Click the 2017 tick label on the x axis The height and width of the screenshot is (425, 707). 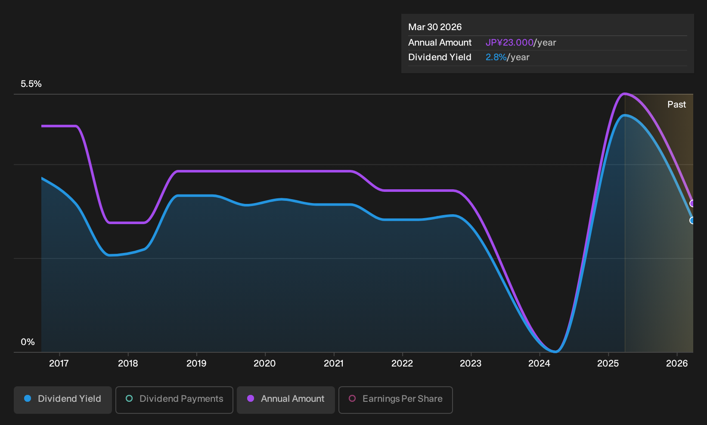pos(59,363)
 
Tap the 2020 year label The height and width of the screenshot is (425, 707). pos(265,363)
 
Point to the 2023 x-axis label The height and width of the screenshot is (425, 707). pos(471,363)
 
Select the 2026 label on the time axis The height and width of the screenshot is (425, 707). pos(677,363)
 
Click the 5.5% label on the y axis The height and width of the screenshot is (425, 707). pos(31,84)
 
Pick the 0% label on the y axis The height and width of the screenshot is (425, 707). pos(28,342)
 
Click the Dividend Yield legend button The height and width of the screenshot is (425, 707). pos(63,400)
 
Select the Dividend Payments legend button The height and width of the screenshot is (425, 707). pos(174,400)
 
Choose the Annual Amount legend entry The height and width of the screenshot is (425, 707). pos(285,400)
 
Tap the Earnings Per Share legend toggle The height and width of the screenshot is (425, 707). pos(395,400)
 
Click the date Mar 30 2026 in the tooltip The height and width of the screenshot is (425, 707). pos(435,27)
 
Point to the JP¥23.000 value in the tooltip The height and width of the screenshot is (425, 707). pos(509,43)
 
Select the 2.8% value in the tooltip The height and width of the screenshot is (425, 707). pos(496,57)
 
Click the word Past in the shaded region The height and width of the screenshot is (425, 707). pos(676,105)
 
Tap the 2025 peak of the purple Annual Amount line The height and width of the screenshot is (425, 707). pos(624,94)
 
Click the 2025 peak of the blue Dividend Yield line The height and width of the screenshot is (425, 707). pos(624,115)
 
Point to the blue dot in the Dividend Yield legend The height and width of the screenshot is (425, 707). pos(28,398)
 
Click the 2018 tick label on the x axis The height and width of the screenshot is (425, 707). pos(128,363)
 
